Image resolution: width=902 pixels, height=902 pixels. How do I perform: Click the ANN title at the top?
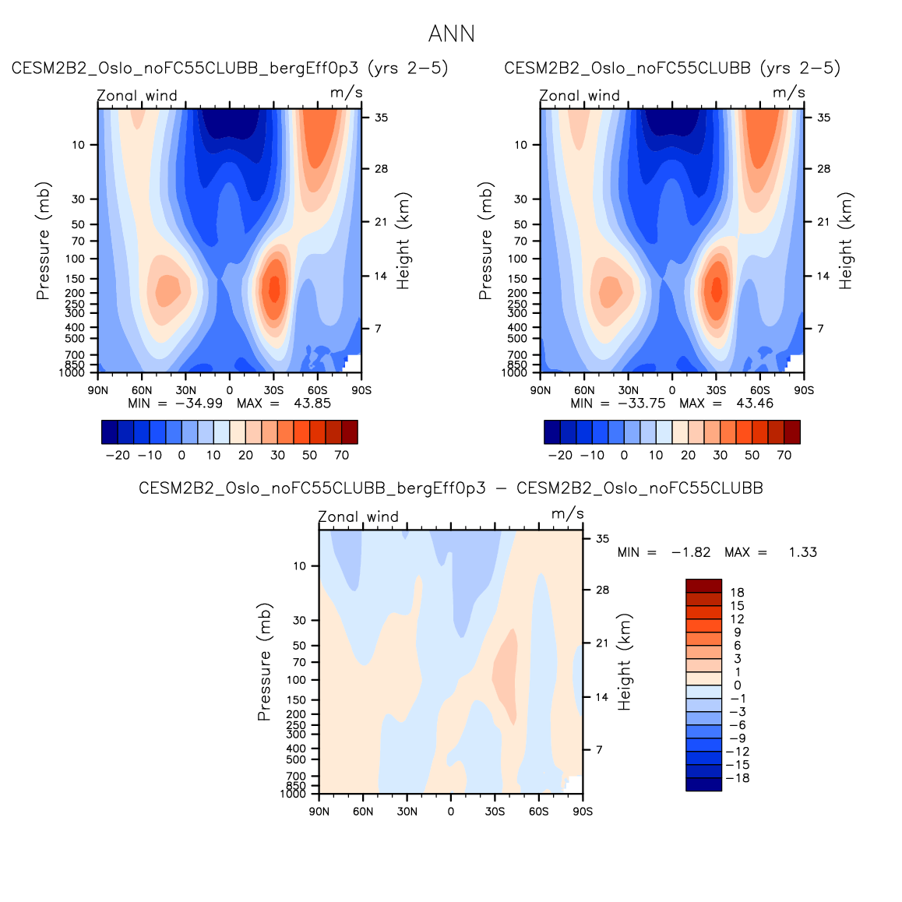tap(451, 34)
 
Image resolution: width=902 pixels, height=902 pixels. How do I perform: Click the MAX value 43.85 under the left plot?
tap(312, 403)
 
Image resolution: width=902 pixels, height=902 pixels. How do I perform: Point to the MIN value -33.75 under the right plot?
tap(641, 403)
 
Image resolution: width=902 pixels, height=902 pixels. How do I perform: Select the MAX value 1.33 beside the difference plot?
tap(802, 552)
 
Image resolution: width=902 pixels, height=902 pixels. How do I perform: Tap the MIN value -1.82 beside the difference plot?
tap(691, 552)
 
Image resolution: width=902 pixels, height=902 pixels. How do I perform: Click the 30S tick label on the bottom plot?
tap(495, 812)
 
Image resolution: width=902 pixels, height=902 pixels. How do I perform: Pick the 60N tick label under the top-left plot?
tap(142, 390)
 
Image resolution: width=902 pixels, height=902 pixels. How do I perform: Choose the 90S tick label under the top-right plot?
tap(804, 390)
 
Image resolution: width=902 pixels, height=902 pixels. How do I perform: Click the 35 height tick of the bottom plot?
tap(602, 538)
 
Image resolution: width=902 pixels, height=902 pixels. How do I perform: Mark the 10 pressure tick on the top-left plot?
tap(79, 145)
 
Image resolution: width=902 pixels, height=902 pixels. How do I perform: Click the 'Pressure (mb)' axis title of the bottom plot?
tap(264, 661)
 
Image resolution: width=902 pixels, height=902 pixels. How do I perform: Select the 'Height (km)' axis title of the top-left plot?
tap(403, 241)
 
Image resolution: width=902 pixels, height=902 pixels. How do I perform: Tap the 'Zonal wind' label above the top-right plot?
tap(580, 96)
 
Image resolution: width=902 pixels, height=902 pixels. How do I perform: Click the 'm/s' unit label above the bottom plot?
tap(567, 514)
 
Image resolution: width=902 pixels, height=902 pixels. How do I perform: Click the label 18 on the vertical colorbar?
tap(737, 593)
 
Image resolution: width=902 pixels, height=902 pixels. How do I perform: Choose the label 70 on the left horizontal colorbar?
tap(341, 456)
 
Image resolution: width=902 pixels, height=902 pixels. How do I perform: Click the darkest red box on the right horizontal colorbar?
tap(791, 432)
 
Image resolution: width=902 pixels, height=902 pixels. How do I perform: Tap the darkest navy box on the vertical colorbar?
tap(703, 784)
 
